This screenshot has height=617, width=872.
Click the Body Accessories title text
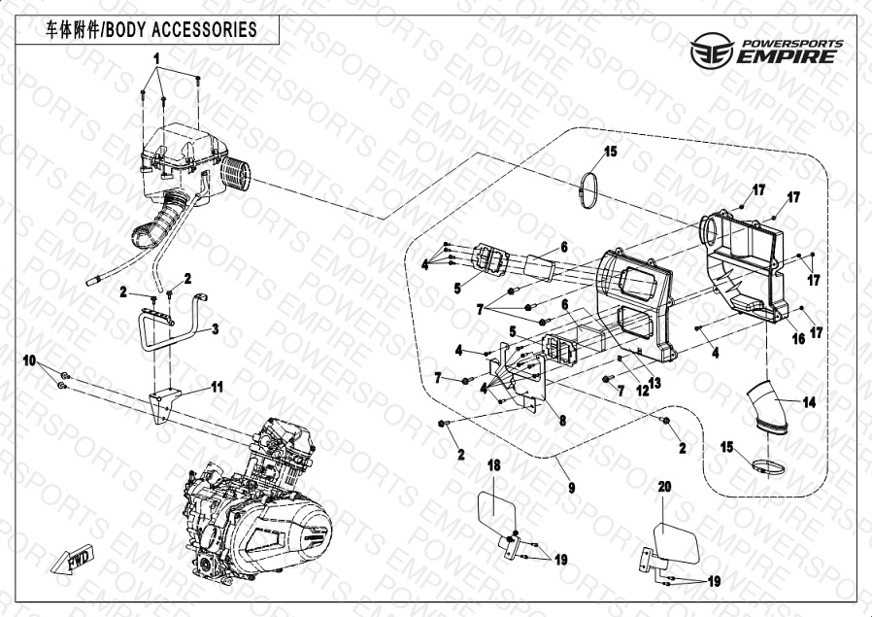pyautogui.click(x=151, y=30)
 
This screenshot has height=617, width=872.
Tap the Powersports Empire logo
pyautogui.click(x=764, y=49)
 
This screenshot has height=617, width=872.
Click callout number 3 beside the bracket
pyautogui.click(x=216, y=329)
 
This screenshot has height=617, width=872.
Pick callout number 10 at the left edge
pyautogui.click(x=30, y=361)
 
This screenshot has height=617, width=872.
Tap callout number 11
pyautogui.click(x=218, y=386)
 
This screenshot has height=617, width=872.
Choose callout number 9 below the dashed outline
pyautogui.click(x=572, y=486)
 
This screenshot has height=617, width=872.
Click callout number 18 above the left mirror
pyautogui.click(x=493, y=466)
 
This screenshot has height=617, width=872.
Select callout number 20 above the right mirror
pyautogui.click(x=664, y=486)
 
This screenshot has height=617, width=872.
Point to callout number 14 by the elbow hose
pyautogui.click(x=809, y=401)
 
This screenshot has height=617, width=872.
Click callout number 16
pyautogui.click(x=798, y=338)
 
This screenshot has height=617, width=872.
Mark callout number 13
pyautogui.click(x=654, y=383)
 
